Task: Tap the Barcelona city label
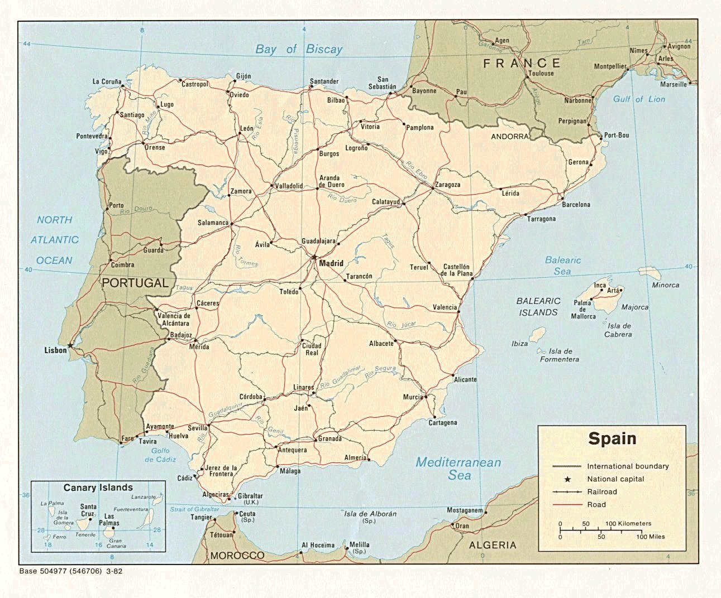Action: click(x=576, y=205)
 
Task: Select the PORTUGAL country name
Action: click(x=135, y=283)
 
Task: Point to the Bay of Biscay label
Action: click(x=299, y=49)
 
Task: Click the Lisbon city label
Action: click(x=56, y=350)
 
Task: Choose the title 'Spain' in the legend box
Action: click(x=612, y=438)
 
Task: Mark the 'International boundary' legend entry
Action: click(x=627, y=466)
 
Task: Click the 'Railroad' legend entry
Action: click(x=601, y=491)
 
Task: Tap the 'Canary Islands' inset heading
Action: click(x=98, y=488)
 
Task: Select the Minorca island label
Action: click(x=665, y=285)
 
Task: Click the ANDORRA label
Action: click(x=509, y=137)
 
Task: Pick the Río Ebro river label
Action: click(x=416, y=169)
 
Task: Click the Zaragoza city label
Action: click(x=447, y=185)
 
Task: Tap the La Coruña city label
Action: click(x=107, y=82)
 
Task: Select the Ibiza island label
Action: click(x=519, y=344)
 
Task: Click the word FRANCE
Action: click(x=522, y=63)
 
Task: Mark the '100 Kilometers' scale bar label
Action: click(x=628, y=524)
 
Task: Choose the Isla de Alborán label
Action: click(x=370, y=514)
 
